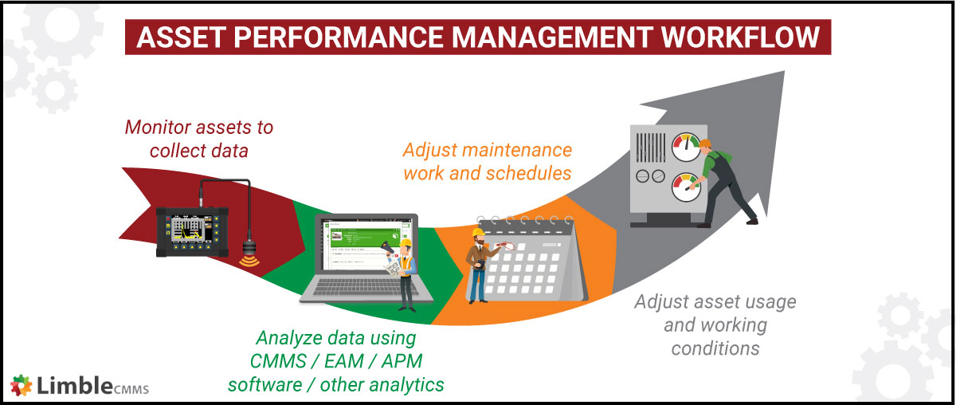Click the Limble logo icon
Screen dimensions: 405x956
(x=22, y=384)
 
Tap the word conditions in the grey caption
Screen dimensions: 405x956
(x=715, y=348)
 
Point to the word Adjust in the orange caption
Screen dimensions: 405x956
(x=428, y=150)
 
